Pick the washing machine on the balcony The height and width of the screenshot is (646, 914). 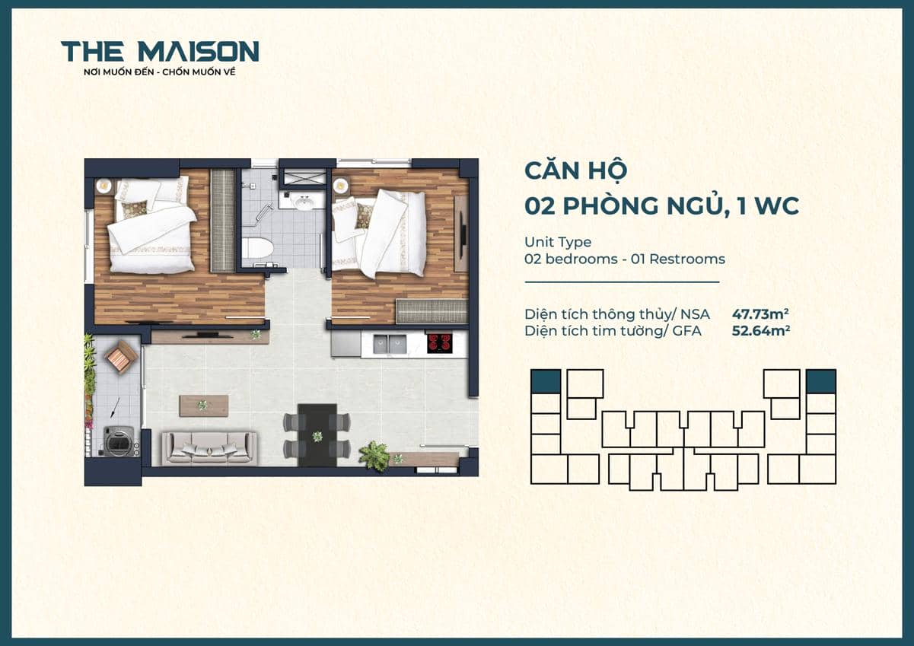coord(119,441)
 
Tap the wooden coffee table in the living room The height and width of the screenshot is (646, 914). coord(203,406)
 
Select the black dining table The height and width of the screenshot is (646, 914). coord(317,434)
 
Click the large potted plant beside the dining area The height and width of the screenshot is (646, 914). coord(374,455)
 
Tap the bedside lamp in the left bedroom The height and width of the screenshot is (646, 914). coord(104,183)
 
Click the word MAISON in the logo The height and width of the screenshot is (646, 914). coord(199,52)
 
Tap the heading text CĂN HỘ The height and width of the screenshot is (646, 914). coord(575,170)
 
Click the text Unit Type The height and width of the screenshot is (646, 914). coord(558,242)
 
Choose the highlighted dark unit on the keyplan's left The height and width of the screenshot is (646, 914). coord(546,380)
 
